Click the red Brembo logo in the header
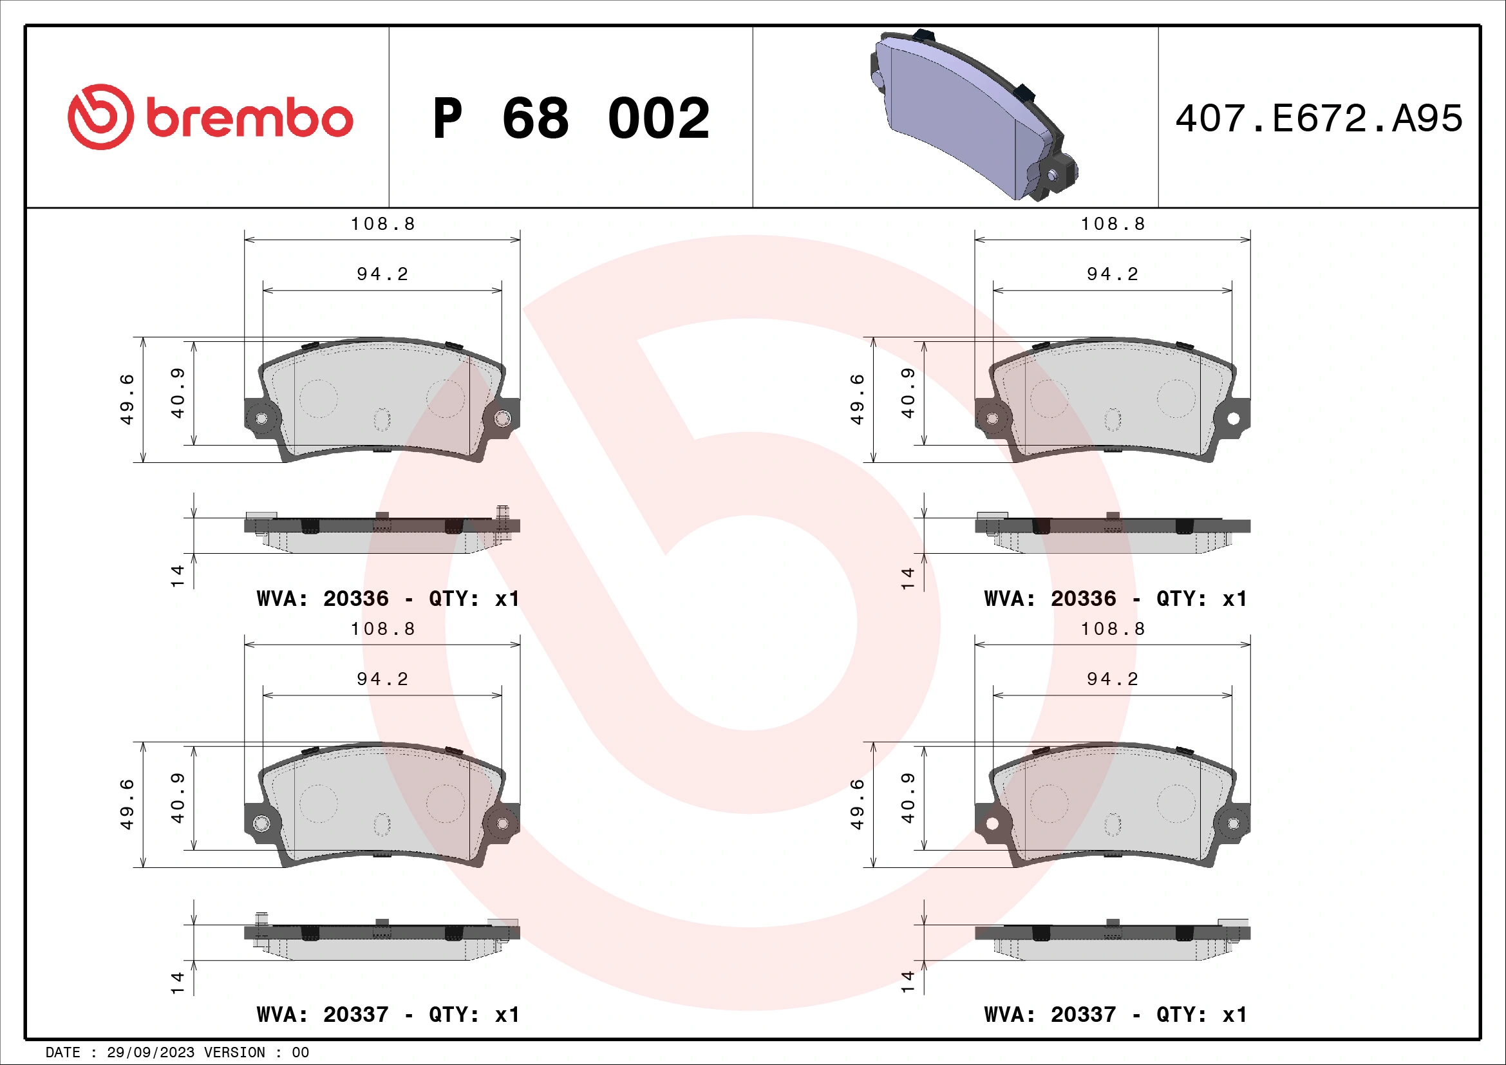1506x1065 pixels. [x=210, y=117]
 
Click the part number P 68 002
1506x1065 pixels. [x=570, y=118]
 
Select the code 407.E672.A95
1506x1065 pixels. [x=1319, y=118]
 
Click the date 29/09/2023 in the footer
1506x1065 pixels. [x=150, y=1053]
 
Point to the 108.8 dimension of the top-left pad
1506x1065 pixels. [x=383, y=224]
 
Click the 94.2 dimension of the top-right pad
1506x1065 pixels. [x=1113, y=274]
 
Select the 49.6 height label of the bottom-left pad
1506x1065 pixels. [x=127, y=804]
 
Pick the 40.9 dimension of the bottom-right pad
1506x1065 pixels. [x=907, y=797]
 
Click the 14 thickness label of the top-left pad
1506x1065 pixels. [x=177, y=576]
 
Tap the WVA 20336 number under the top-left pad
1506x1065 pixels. [x=355, y=599]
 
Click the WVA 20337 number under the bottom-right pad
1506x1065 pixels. [x=1083, y=1015]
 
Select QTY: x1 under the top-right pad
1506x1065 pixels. [x=1201, y=599]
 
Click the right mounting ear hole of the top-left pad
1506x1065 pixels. [x=502, y=418]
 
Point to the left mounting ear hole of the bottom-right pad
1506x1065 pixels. [x=992, y=823]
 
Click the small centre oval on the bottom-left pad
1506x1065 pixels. [x=382, y=824]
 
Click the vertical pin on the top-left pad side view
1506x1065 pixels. [x=502, y=523]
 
